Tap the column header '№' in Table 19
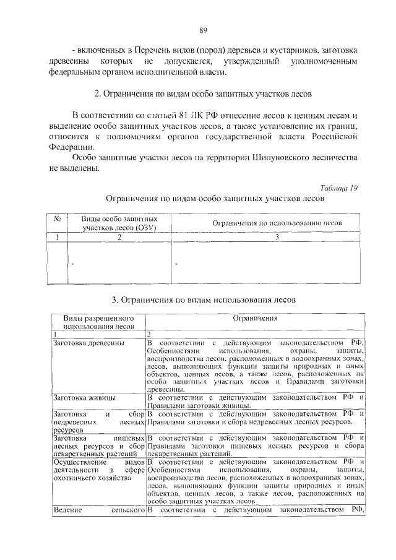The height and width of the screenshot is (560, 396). coord(56,219)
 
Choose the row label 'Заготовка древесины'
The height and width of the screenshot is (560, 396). coord(89,342)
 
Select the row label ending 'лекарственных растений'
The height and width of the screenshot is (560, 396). coord(98,445)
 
